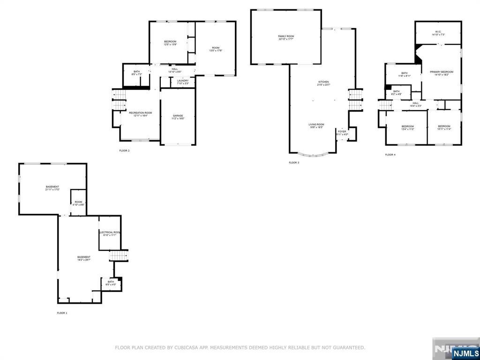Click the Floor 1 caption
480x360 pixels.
tap(62, 313)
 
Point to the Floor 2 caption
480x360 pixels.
tap(124, 150)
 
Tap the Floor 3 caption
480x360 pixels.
tap(294, 163)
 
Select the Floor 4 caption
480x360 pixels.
tap(390, 155)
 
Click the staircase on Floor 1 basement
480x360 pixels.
tap(119, 256)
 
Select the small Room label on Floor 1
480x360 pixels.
tap(79, 203)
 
